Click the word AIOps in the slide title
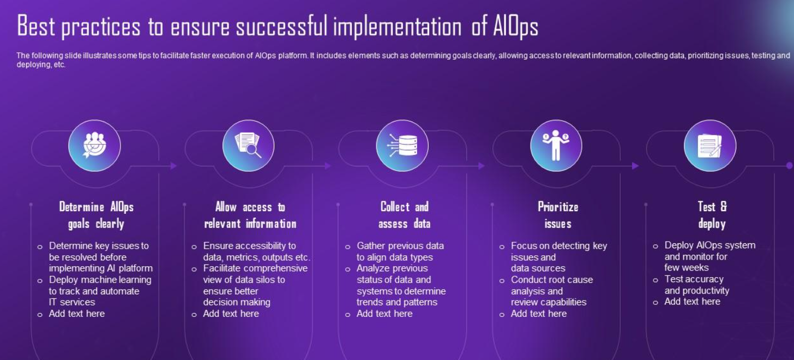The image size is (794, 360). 516,26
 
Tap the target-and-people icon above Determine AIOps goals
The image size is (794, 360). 94,145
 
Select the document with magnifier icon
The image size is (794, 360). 248,145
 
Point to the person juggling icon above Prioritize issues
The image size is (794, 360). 556,145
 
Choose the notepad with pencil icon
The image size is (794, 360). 709,146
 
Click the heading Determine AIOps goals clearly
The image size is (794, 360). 96,215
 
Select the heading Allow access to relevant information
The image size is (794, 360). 250,215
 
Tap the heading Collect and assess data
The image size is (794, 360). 405,215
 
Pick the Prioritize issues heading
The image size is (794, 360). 558,215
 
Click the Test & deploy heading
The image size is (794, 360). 712,215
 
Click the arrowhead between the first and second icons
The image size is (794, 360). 173,166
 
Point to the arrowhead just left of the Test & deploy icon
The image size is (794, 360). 635,166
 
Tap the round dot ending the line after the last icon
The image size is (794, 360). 790,165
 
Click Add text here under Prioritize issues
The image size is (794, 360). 538,314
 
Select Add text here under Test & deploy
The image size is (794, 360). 692,302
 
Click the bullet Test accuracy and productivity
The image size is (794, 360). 696,285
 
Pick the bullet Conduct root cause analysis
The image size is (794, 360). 552,291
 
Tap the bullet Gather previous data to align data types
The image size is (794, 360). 400,251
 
